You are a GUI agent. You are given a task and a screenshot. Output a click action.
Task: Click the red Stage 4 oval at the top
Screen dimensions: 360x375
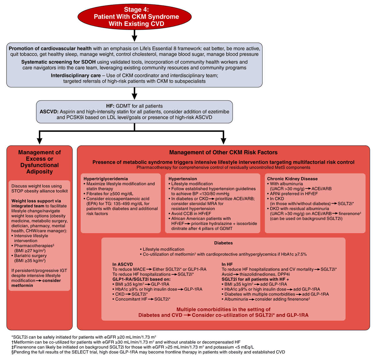tap(134, 16)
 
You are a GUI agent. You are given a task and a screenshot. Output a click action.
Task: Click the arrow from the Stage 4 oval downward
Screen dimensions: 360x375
tap(134, 36)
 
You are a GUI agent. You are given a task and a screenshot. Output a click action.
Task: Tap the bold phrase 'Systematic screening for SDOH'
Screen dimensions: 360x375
tap(58, 62)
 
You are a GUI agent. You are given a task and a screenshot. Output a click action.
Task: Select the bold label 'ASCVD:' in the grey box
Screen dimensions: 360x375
tap(49, 112)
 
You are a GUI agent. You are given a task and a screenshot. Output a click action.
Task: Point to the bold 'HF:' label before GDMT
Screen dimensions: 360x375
tap(110, 106)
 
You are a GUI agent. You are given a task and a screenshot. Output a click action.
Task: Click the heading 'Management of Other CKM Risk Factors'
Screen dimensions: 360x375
tap(223, 152)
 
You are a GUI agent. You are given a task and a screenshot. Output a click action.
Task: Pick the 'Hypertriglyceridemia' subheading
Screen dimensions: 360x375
tap(106, 179)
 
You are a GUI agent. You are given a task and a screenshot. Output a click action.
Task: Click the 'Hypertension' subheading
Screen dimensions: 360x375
tap(182, 179)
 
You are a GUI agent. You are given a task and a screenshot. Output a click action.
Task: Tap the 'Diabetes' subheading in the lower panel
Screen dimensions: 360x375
tap(223, 243)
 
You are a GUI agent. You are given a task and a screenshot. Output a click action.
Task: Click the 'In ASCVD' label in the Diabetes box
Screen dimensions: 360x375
tap(122, 264)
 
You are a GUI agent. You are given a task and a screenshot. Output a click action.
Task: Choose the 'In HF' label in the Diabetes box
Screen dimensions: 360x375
tap(227, 264)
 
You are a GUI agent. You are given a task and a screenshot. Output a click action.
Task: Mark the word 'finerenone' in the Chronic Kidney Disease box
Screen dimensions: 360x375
tap(349, 213)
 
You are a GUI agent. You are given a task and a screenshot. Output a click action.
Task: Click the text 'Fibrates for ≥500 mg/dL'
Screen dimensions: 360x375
tap(110, 194)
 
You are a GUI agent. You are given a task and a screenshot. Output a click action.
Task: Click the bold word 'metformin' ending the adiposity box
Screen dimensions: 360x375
tap(22, 285)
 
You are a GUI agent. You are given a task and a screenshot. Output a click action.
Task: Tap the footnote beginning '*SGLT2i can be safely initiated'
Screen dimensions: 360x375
tap(84, 337)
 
